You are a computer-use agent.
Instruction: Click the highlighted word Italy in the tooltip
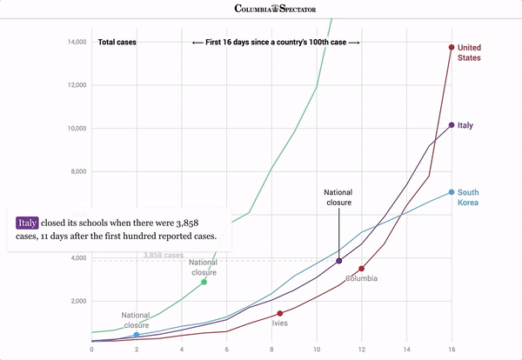[28, 223]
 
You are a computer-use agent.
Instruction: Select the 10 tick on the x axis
[316, 351]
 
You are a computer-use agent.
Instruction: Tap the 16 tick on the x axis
[452, 351]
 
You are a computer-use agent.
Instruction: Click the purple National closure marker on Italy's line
[338, 261]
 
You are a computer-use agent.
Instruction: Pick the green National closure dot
[204, 282]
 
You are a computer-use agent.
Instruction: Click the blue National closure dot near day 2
[136, 335]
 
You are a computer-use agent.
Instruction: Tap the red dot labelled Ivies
[279, 313]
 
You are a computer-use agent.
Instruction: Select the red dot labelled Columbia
[361, 269]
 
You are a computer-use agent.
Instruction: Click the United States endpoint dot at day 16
[452, 48]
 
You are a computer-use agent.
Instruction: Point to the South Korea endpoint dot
[452, 192]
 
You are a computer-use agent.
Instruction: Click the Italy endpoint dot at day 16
[452, 125]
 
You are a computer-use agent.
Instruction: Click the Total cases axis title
[117, 42]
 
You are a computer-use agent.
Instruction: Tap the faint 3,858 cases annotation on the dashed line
[164, 256]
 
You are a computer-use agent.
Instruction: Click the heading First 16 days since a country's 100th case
[275, 42]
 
